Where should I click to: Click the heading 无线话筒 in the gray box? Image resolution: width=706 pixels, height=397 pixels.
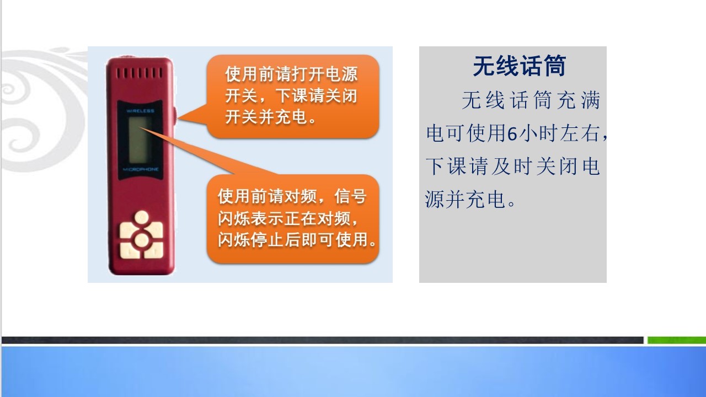520,66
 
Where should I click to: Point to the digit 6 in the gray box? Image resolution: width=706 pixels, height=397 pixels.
513,133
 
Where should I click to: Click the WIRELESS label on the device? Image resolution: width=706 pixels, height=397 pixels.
140,111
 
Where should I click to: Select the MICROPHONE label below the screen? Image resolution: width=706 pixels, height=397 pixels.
141,169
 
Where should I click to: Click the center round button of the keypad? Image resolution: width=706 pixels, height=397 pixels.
142,240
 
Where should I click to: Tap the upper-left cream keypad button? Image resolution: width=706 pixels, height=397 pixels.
129,230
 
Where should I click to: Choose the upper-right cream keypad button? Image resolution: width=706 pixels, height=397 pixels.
154,230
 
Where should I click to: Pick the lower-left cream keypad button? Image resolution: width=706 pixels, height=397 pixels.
129,250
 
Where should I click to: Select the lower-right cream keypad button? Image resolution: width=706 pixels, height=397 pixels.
154,250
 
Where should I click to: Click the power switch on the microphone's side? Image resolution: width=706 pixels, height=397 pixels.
175,114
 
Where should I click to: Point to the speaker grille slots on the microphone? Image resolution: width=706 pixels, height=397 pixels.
140,73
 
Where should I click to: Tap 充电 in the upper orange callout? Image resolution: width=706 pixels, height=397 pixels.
292,117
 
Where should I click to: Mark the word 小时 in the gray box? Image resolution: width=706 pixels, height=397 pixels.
538,133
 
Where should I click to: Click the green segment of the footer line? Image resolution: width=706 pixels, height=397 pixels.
677,340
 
